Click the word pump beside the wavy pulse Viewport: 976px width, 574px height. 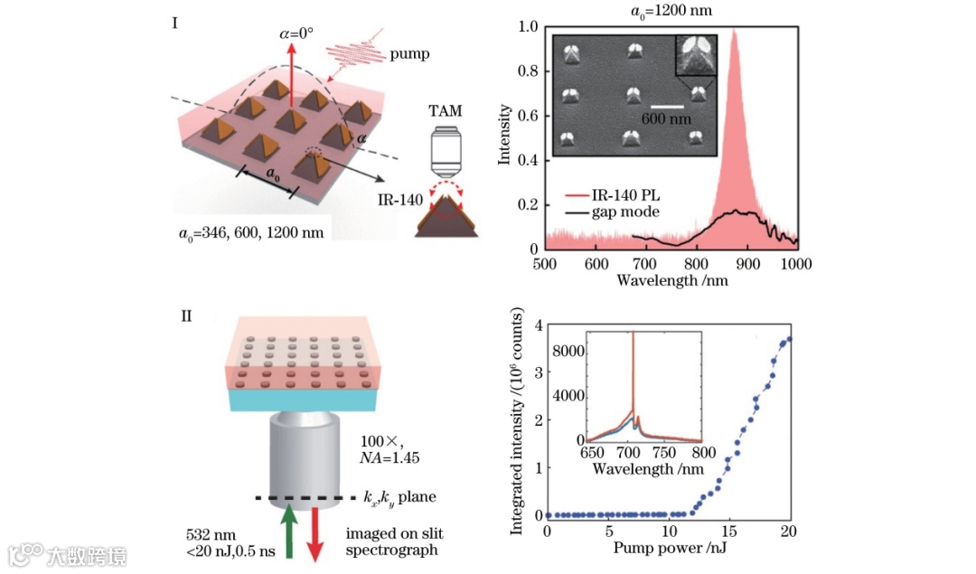[410, 54]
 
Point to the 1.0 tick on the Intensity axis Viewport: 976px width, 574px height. [527, 27]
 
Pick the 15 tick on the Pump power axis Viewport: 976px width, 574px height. [730, 532]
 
